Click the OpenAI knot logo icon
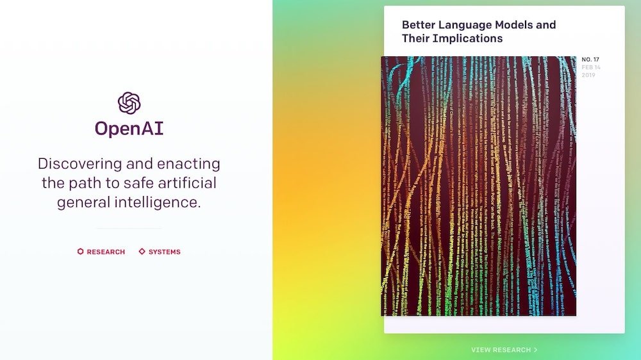pos(129,103)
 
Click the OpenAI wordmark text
pos(129,129)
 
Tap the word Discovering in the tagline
pos(77,164)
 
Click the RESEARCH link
pos(106,252)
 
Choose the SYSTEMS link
pos(165,252)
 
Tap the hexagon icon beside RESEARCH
pos(80,252)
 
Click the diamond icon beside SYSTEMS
pos(142,252)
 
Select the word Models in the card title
pos(512,25)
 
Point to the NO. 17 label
pos(590,60)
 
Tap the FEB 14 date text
pos(591,67)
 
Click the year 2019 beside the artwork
pos(588,76)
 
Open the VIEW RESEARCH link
pos(501,350)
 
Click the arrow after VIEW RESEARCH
pos(536,350)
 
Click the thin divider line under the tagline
pos(129,228)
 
